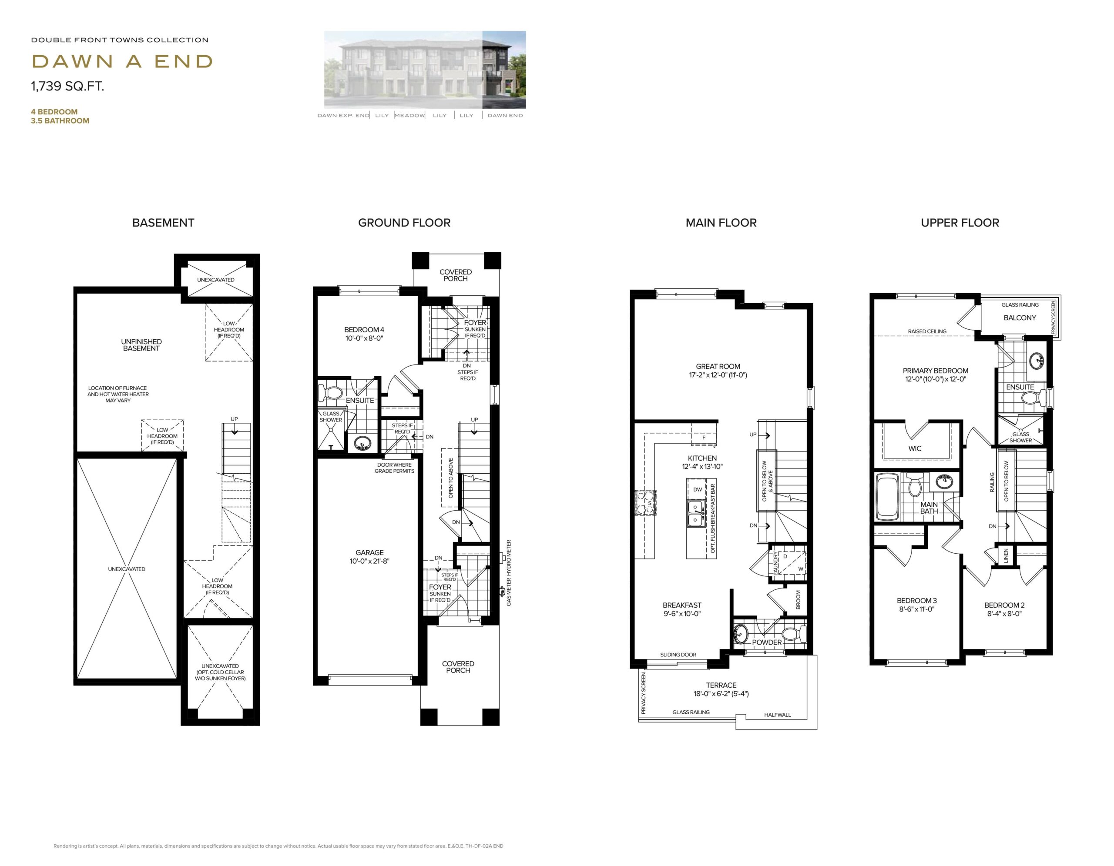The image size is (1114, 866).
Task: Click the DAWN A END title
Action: click(122, 62)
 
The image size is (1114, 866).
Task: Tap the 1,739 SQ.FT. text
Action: click(67, 86)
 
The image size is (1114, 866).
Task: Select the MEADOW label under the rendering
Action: click(409, 116)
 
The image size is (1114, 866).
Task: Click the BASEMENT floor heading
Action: click(163, 223)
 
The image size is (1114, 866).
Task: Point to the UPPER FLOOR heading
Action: click(960, 223)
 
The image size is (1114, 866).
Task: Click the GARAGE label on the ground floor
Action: click(370, 552)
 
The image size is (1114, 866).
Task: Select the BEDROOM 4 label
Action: click(364, 330)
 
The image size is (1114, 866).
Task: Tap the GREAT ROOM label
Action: click(718, 367)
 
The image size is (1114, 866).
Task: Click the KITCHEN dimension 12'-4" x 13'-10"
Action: click(702, 466)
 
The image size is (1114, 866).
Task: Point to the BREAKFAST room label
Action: click(682, 605)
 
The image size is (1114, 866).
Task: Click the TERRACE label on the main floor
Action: click(721, 685)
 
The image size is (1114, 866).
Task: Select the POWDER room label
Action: click(767, 642)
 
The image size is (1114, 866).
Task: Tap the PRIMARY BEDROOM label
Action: click(936, 371)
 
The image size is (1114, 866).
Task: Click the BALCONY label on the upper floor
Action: click(1020, 318)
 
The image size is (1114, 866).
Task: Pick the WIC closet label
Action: click(915, 448)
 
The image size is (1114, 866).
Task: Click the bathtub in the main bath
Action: click(888, 497)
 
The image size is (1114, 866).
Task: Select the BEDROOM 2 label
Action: click(1004, 605)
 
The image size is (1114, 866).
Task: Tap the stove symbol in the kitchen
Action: click(646, 504)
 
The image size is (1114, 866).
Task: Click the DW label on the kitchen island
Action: click(697, 489)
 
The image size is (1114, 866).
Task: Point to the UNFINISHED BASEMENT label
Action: click(141, 345)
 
